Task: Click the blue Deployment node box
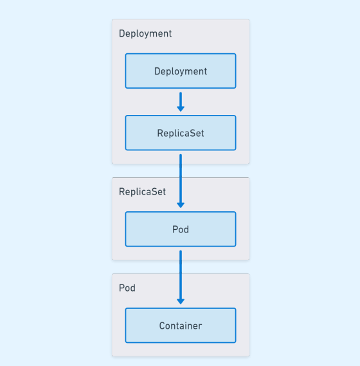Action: tap(181, 71)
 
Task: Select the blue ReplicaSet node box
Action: tap(181, 133)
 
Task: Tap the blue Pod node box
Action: tap(181, 229)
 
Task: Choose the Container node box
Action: tap(181, 326)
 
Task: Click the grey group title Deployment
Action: tap(145, 33)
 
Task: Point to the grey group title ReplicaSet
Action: tap(142, 191)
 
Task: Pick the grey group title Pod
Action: tap(127, 288)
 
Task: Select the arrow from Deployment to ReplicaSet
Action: tap(181, 101)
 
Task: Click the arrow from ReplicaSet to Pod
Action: tap(181, 180)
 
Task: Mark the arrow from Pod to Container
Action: tap(181, 276)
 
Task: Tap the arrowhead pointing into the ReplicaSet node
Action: tap(181, 109)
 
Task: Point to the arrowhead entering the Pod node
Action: tap(181, 205)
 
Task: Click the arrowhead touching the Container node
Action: tap(181, 301)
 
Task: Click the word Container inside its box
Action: tap(181, 326)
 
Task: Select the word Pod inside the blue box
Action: tap(181, 229)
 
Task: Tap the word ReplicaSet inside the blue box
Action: tap(181, 133)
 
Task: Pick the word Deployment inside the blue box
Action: tap(181, 71)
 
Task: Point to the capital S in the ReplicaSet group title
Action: tap(153, 191)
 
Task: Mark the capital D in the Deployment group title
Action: tap(122, 33)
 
